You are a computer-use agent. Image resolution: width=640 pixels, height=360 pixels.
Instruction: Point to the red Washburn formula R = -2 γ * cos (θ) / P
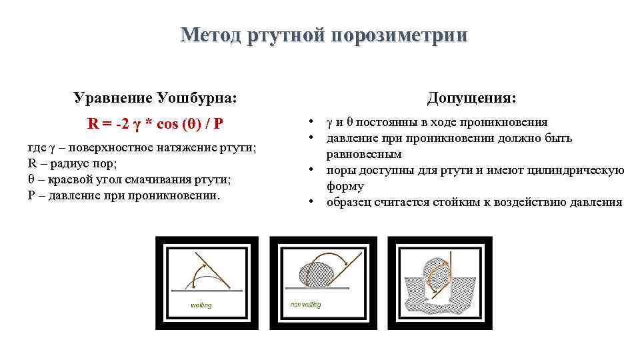click(155, 124)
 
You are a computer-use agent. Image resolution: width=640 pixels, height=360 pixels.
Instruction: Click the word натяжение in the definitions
click(179, 147)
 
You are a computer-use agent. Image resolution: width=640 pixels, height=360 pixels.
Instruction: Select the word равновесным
click(363, 154)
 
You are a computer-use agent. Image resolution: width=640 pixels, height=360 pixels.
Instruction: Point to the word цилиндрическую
click(581, 171)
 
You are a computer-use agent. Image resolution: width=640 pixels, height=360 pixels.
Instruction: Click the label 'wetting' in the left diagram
click(201, 305)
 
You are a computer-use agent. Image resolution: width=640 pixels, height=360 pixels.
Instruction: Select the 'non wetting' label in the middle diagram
click(305, 305)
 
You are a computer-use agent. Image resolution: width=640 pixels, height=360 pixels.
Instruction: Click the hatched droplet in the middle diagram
click(316, 274)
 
